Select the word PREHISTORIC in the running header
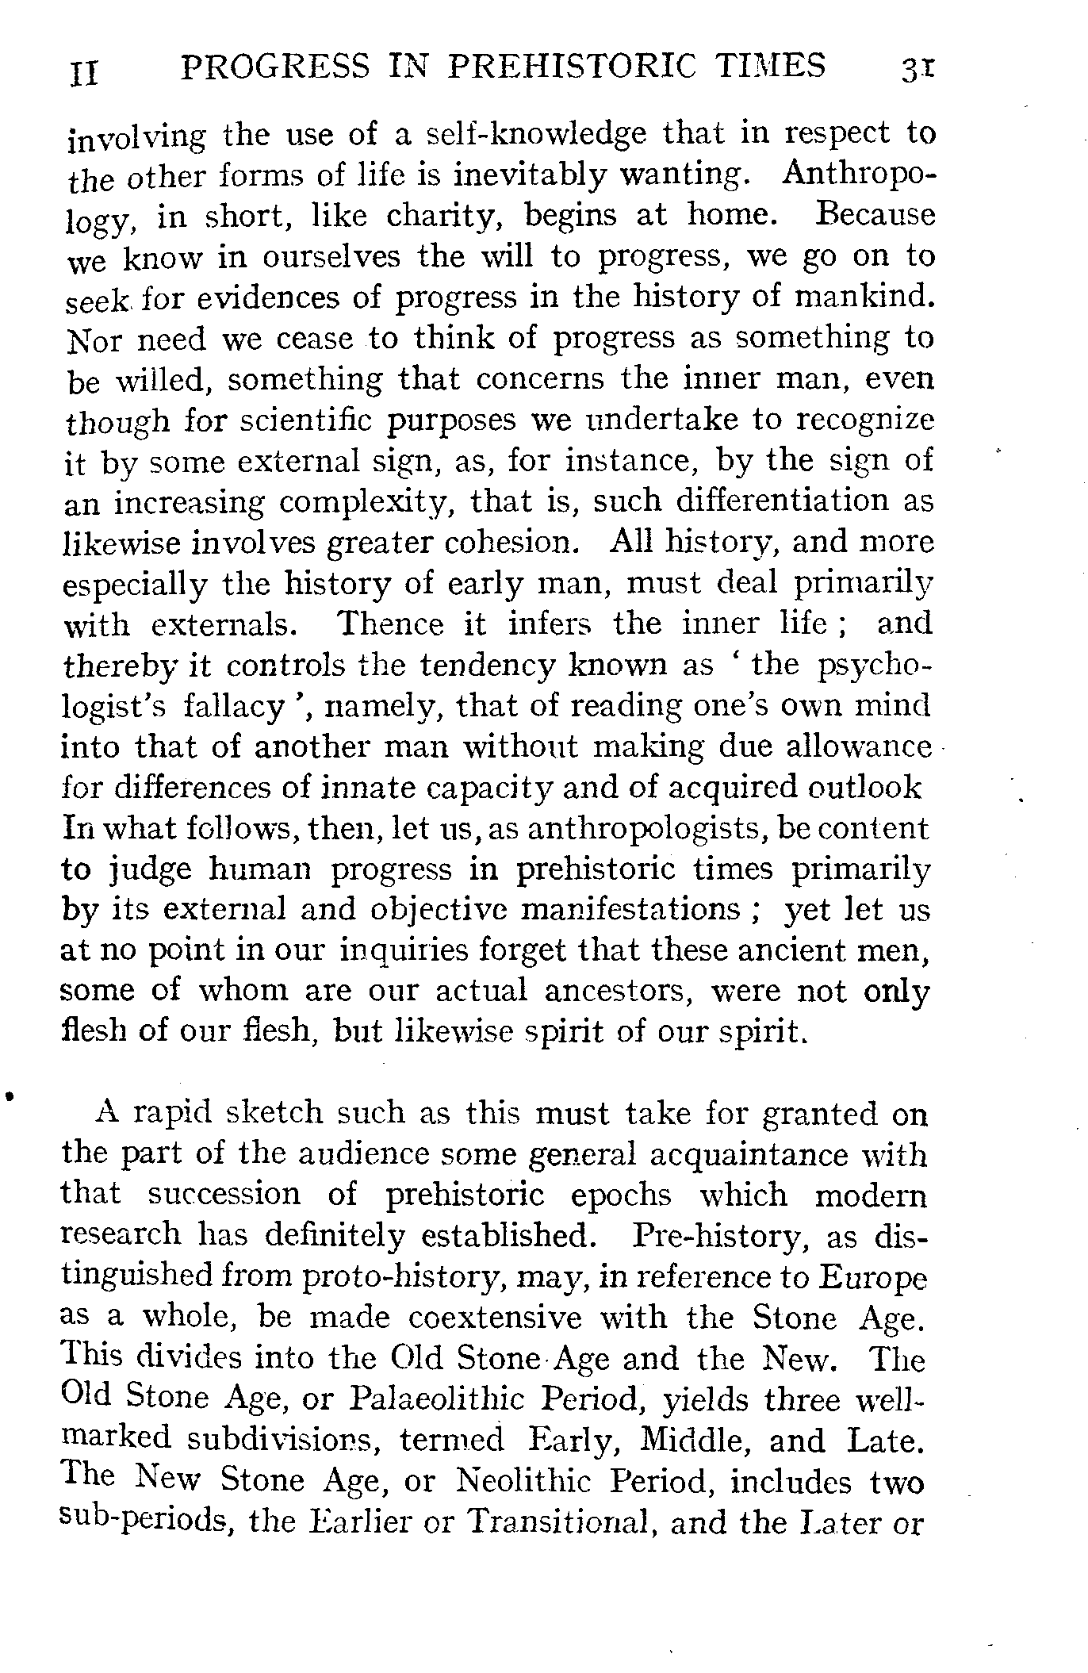[x=565, y=67]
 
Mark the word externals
[x=225, y=625]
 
